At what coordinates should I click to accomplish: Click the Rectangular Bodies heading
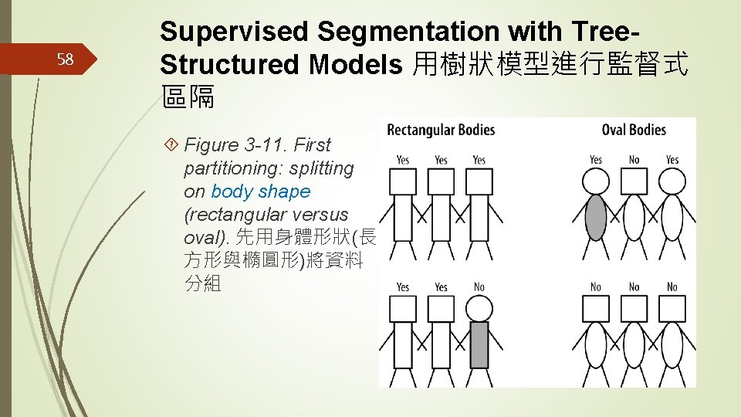441,130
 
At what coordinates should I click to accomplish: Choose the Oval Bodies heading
633,130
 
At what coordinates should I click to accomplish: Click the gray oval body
596,217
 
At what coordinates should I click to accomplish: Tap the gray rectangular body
479,344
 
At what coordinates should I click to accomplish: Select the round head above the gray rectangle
479,310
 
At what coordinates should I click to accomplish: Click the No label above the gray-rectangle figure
479,287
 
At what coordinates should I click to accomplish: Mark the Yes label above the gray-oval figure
596,160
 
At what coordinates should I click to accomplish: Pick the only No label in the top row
634,160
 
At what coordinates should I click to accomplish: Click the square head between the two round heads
634,181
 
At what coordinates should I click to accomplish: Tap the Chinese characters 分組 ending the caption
203,284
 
